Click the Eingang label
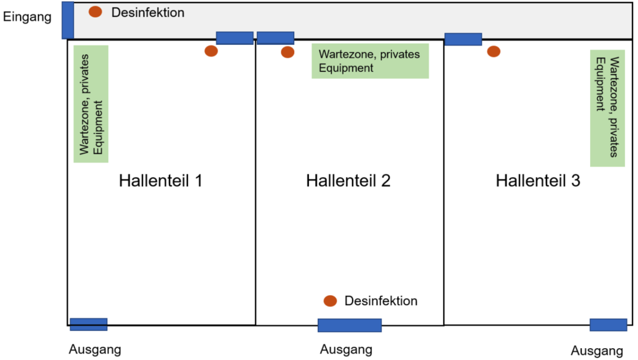tap(27, 17)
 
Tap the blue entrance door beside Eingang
tap(68, 20)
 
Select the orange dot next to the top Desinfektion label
tap(95, 11)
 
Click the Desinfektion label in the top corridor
tap(148, 12)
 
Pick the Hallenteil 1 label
tap(161, 181)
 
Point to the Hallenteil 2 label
tap(348, 181)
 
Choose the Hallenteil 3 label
tap(538, 181)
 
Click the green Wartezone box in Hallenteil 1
tap(91, 104)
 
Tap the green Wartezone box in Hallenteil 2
tap(370, 61)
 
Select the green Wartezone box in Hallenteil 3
tap(607, 108)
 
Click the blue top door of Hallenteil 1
tap(234, 38)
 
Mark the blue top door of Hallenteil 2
tap(275, 38)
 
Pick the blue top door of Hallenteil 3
tap(463, 39)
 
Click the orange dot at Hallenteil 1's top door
tap(211, 51)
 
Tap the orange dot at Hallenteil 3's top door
tap(493, 51)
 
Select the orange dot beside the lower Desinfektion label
tap(330, 301)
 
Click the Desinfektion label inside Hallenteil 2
tap(381, 301)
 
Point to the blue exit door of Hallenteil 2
tap(349, 325)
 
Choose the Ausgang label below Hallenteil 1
tap(95, 349)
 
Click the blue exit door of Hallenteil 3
tap(608, 324)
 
